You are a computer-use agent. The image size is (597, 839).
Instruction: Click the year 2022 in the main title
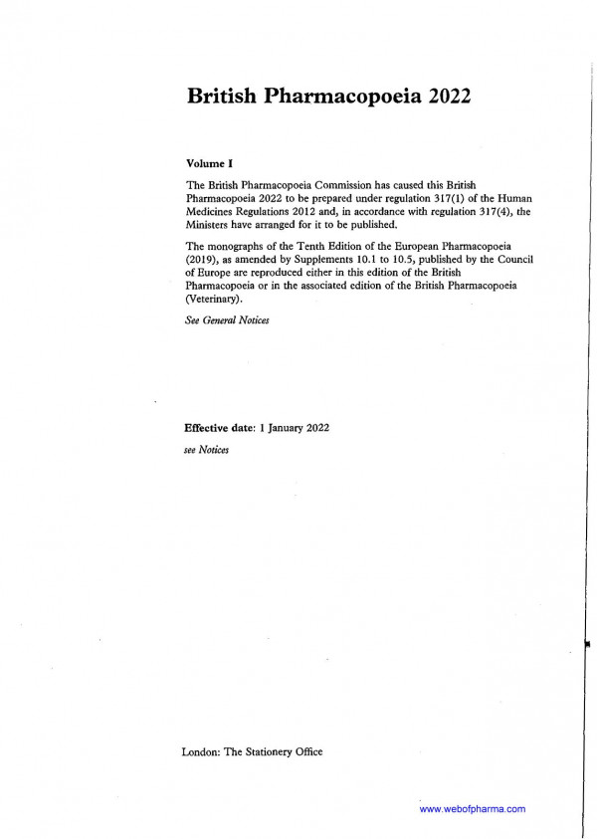(x=443, y=97)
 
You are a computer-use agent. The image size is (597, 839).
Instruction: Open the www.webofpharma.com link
(x=473, y=809)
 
